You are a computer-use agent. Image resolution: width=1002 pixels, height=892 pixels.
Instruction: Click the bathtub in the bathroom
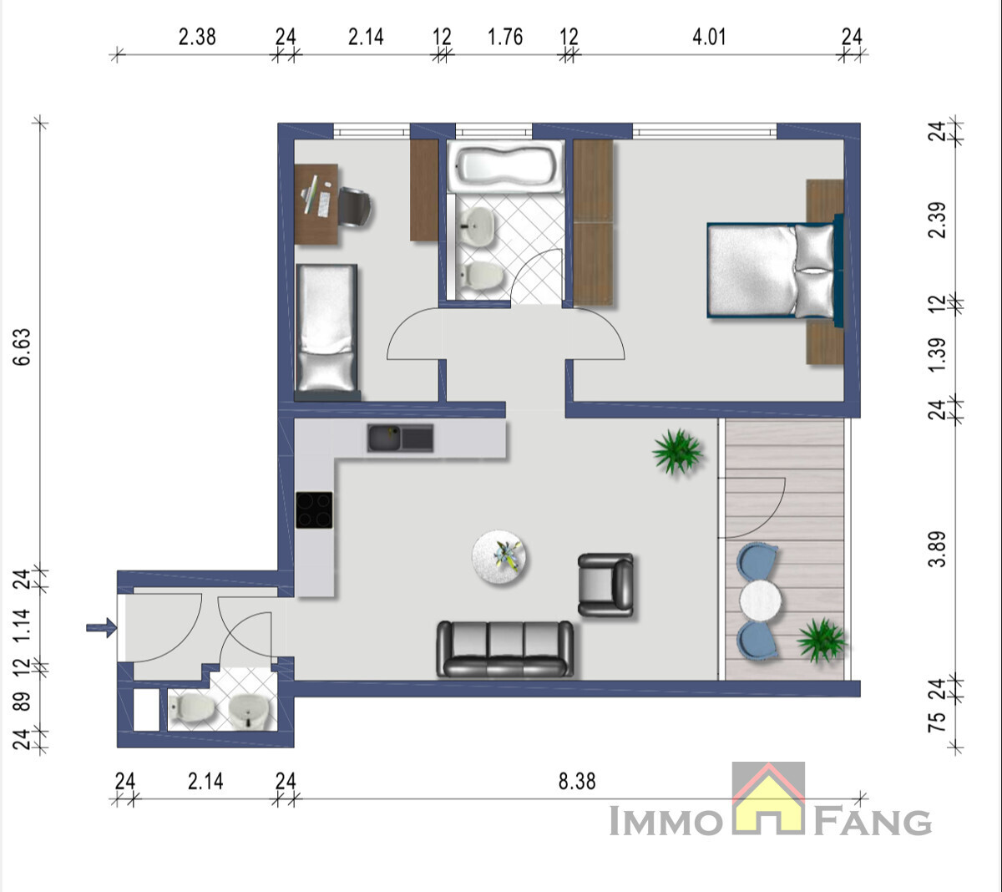point(505,166)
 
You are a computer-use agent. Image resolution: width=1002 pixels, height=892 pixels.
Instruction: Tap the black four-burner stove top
point(314,509)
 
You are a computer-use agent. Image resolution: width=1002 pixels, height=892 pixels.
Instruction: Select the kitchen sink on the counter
point(400,438)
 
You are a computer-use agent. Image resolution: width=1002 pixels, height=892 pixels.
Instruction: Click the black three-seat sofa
point(505,649)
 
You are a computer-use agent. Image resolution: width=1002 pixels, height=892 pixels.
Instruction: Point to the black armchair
point(605,585)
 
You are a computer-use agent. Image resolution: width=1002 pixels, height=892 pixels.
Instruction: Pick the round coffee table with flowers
point(498,556)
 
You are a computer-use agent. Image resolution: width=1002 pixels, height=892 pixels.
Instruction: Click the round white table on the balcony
point(760,601)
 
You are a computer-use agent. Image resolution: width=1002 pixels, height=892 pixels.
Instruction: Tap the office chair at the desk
point(354,207)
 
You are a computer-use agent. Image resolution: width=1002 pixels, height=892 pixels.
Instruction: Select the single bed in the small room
point(326,332)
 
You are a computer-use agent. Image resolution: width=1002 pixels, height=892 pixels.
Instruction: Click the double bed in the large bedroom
point(775,270)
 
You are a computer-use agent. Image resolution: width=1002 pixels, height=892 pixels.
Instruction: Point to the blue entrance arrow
point(101,628)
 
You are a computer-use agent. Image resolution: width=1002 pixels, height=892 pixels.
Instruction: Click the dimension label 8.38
point(577,781)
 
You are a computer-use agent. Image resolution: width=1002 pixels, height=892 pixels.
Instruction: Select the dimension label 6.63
point(23,347)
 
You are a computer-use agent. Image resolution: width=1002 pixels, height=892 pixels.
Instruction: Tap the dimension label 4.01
point(709,37)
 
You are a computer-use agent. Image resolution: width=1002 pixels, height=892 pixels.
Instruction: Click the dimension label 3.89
point(937,550)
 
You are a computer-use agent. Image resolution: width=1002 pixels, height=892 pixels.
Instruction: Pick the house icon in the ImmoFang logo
point(768,798)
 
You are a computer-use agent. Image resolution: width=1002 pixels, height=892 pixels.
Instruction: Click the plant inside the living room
point(677,451)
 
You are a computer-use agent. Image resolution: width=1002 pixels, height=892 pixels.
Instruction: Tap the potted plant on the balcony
point(821,640)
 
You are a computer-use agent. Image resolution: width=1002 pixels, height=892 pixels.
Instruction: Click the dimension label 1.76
point(505,37)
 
